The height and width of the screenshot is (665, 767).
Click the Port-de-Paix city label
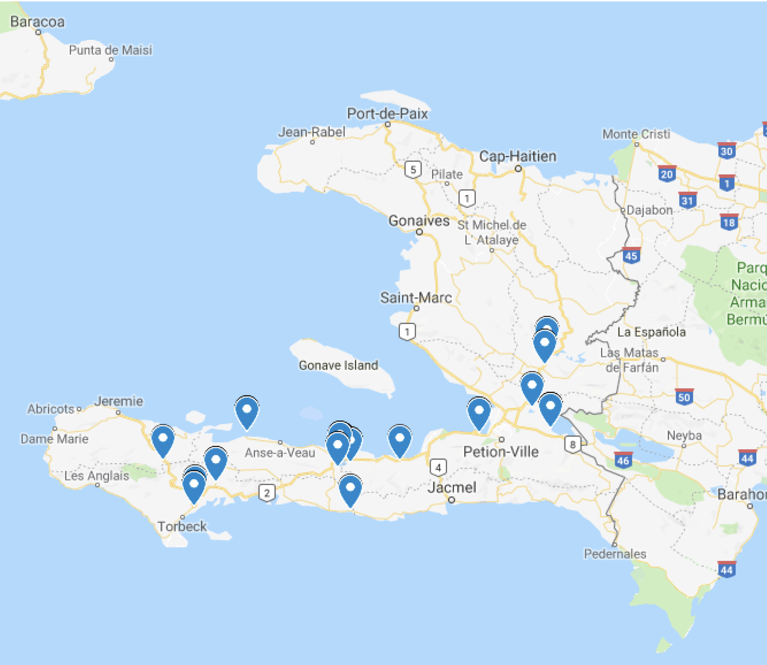pyautogui.click(x=387, y=114)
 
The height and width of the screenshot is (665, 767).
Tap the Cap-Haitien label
pyautogui.click(x=518, y=156)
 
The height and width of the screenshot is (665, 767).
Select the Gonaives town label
pyautogui.click(x=419, y=221)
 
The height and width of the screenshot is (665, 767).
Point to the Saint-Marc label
pyautogui.click(x=416, y=297)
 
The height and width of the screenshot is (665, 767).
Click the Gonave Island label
pyautogui.click(x=338, y=365)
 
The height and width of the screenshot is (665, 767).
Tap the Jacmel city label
pyautogui.click(x=452, y=488)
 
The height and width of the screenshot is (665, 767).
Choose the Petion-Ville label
pyautogui.click(x=501, y=452)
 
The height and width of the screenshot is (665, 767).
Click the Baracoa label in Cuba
pyautogui.click(x=37, y=22)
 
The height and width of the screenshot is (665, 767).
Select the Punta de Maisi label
pyautogui.click(x=110, y=50)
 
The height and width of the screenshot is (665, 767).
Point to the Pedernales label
pyautogui.click(x=615, y=554)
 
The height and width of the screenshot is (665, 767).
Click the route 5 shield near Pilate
pyautogui.click(x=413, y=170)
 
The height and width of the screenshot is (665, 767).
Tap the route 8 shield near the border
pyautogui.click(x=572, y=444)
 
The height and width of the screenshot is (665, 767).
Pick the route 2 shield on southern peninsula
pyautogui.click(x=267, y=493)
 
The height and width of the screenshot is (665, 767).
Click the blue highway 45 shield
pyautogui.click(x=631, y=256)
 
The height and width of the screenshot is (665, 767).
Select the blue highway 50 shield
pyautogui.click(x=684, y=397)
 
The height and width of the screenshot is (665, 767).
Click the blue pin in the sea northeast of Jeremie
pyautogui.click(x=247, y=411)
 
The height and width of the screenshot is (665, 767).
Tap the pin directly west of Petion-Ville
pyautogui.click(x=479, y=412)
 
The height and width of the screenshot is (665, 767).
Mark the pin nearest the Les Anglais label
pyautogui.click(x=163, y=440)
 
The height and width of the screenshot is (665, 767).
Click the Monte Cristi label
pyautogui.click(x=636, y=134)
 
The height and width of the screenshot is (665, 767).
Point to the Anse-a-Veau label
pyautogui.click(x=280, y=453)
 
